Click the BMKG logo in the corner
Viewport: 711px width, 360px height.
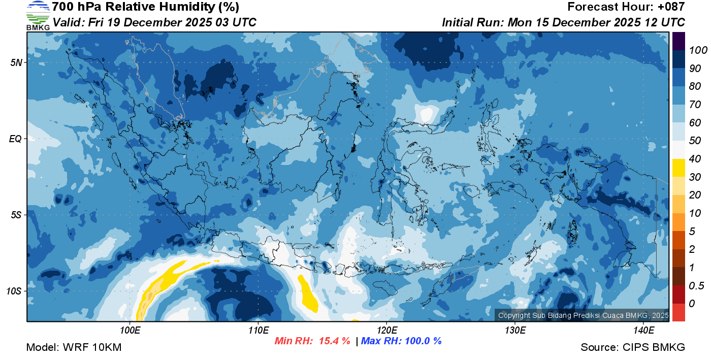point(38,15)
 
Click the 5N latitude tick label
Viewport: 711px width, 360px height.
point(17,62)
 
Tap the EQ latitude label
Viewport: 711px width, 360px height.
point(17,139)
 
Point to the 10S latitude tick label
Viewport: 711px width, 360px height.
point(15,291)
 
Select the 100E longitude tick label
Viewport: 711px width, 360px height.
point(130,331)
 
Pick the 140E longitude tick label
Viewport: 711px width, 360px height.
point(643,331)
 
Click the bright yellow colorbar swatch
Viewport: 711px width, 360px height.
point(678,168)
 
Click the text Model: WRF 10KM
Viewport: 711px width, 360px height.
point(74,347)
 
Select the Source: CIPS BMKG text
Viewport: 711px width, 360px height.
point(633,347)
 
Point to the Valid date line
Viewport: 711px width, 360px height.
point(154,22)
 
